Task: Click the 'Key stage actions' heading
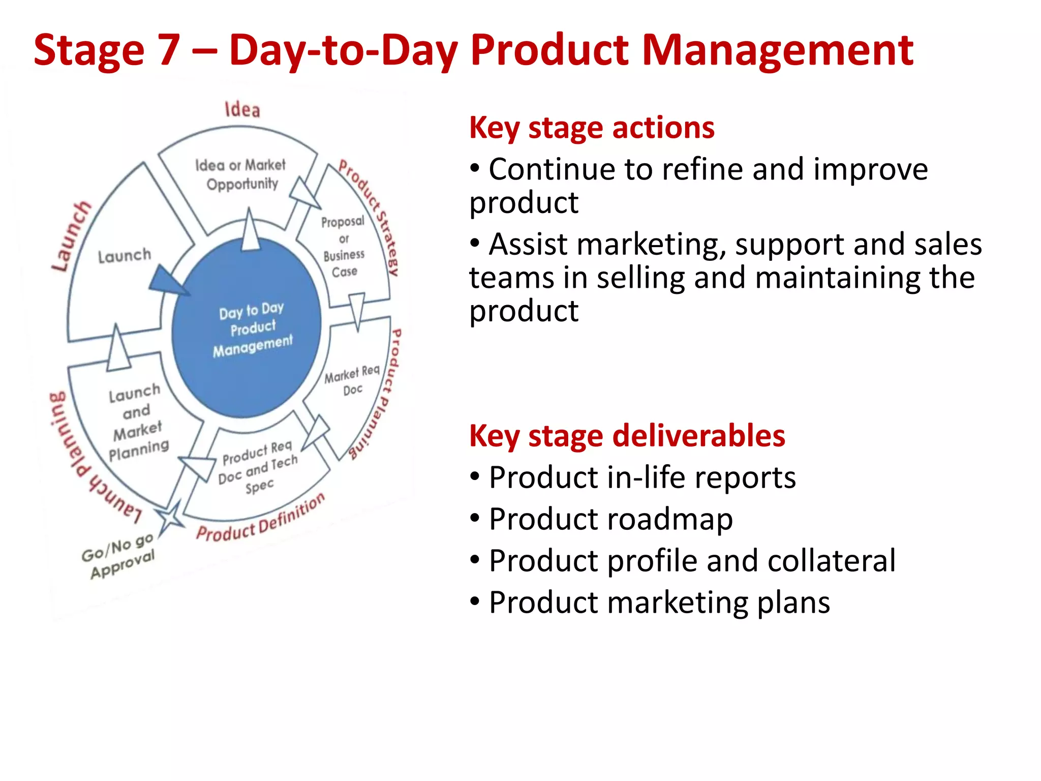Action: pos(592,128)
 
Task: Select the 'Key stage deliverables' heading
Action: pos(627,436)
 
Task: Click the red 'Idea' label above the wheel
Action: pos(242,109)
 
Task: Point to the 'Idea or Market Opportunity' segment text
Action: pos(241,174)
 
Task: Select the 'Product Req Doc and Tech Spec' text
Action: pos(258,467)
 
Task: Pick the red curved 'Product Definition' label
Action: pos(260,519)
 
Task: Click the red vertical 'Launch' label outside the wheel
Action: pos(71,236)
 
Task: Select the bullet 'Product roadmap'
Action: pos(610,519)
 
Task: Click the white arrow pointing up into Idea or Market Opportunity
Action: pos(250,231)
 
